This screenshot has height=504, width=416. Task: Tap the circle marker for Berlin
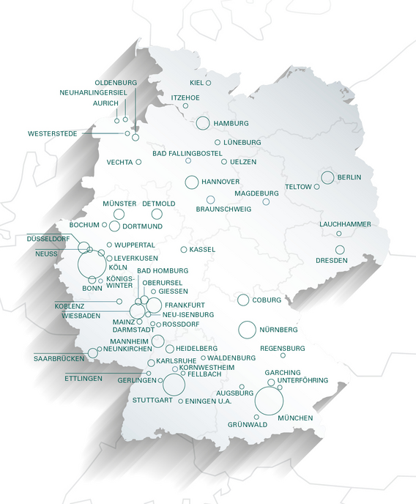coord(327,177)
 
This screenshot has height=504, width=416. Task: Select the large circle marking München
coord(269,401)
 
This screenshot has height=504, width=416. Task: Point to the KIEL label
coord(197,83)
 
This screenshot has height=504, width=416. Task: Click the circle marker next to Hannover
coord(192,182)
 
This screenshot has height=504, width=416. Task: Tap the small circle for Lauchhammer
coord(338,234)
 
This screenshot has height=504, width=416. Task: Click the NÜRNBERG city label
coord(278,330)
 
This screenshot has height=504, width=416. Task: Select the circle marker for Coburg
coord(243,300)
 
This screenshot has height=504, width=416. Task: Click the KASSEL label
coord(202,250)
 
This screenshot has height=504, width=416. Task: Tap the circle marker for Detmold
coord(157,214)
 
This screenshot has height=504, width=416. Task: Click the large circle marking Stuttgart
coord(174,384)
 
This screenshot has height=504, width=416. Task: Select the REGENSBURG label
coord(283,347)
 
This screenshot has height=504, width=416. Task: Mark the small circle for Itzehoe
coord(185,106)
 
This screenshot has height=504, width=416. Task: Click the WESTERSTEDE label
coord(53,133)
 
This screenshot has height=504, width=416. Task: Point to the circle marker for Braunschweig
coord(210,199)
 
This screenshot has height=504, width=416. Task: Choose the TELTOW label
coord(299,187)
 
